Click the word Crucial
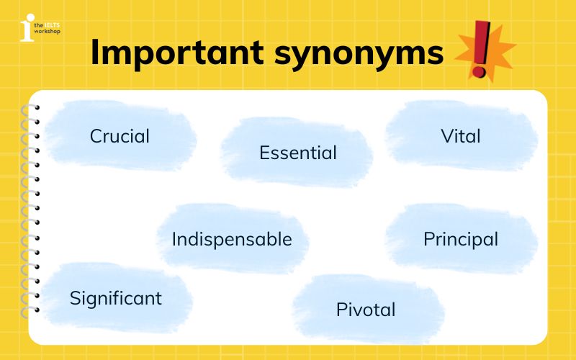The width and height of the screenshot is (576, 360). (x=120, y=136)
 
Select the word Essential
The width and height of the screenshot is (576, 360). (x=297, y=153)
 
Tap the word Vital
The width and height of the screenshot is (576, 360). (x=460, y=136)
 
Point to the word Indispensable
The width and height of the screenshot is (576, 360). (x=232, y=240)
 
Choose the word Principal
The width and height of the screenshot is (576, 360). (x=460, y=239)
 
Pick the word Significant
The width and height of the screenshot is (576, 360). (x=115, y=298)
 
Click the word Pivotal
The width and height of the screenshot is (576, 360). (x=366, y=310)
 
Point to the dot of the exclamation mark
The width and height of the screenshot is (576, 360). (x=477, y=71)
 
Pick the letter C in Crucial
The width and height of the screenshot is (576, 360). (x=95, y=136)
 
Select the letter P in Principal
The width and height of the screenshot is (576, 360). (x=428, y=239)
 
